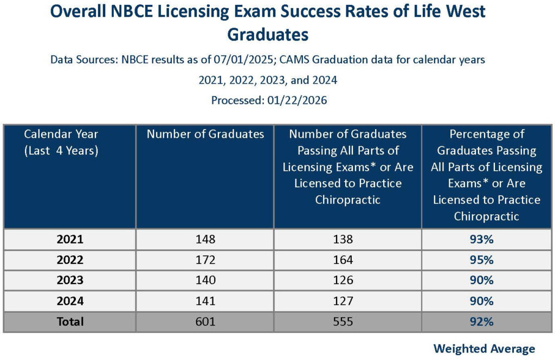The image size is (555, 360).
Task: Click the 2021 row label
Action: click(x=70, y=239)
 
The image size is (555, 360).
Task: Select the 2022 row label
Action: click(x=70, y=260)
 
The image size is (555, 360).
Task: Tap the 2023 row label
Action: click(x=70, y=280)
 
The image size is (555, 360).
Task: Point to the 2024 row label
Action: click(x=70, y=301)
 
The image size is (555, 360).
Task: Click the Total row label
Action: click(x=70, y=322)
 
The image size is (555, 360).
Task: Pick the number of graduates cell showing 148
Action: click(x=205, y=239)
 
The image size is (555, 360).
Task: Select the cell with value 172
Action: click(x=205, y=260)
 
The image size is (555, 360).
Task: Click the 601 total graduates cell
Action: click(x=205, y=322)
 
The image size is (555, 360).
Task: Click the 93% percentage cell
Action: click(x=482, y=239)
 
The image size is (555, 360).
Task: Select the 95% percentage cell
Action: click(x=482, y=260)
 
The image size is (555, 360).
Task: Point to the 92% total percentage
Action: click(x=482, y=322)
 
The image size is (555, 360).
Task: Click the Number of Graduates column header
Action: click(x=205, y=134)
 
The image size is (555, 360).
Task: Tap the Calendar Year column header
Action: click(x=61, y=142)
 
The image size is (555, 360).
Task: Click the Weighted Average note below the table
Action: click(x=484, y=349)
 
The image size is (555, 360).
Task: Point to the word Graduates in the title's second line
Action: click(x=268, y=34)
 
